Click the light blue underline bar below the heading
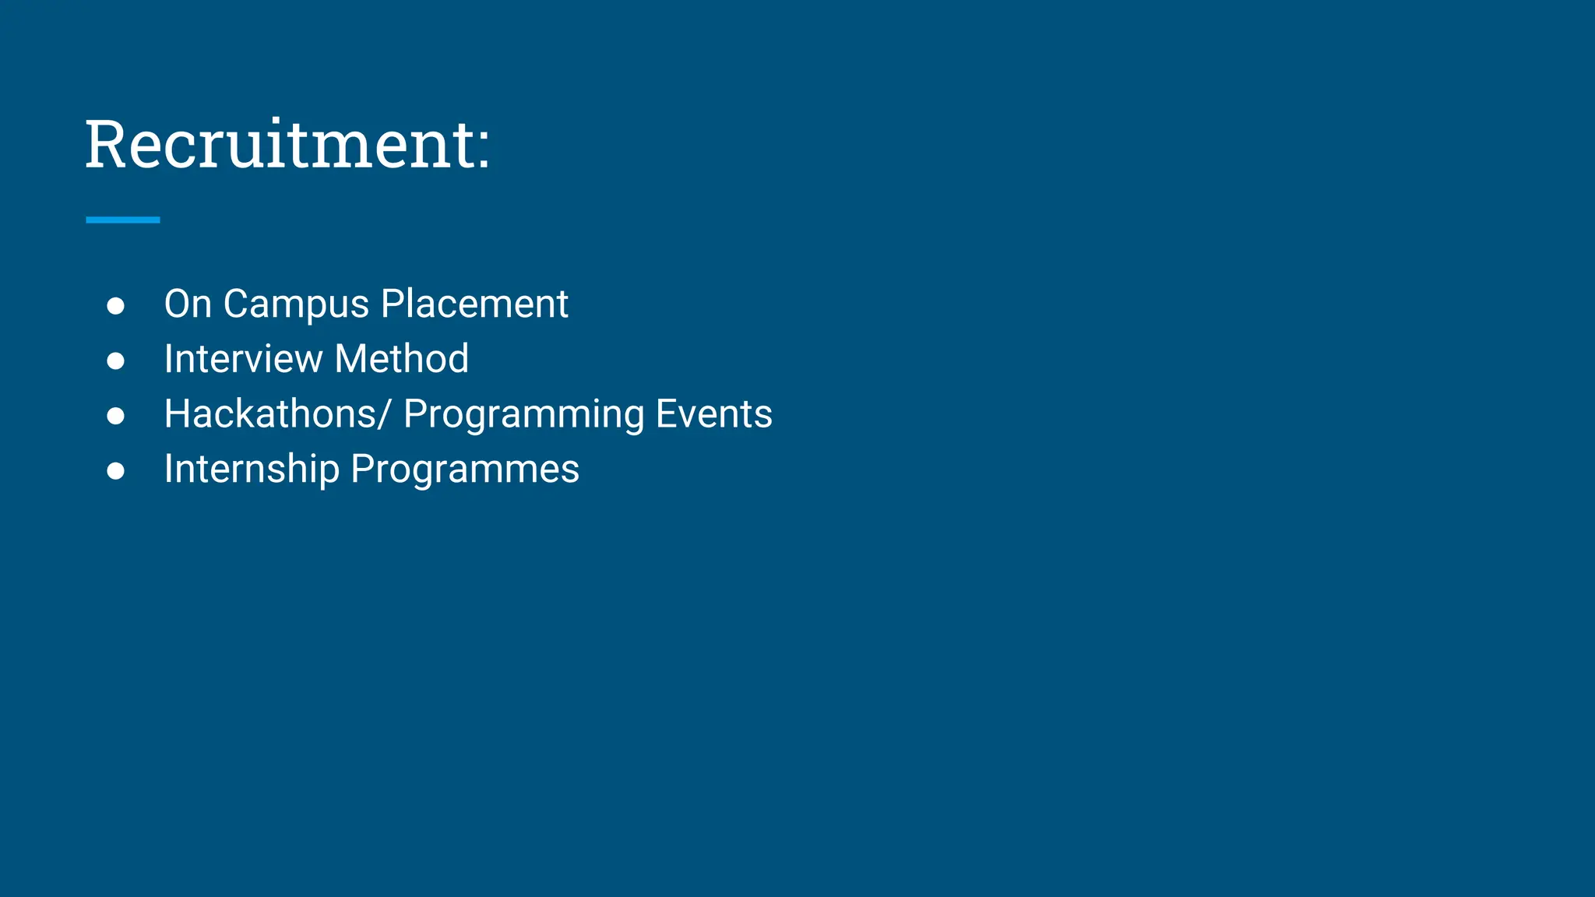123,220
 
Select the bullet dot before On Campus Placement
116,306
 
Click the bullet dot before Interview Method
116,361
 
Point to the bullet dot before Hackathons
116,416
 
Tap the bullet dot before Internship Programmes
116,471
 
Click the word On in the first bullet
188,304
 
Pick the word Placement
474,304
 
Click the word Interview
243,359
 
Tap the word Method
401,359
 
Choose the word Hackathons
271,414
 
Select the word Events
713,414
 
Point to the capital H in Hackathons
177,414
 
